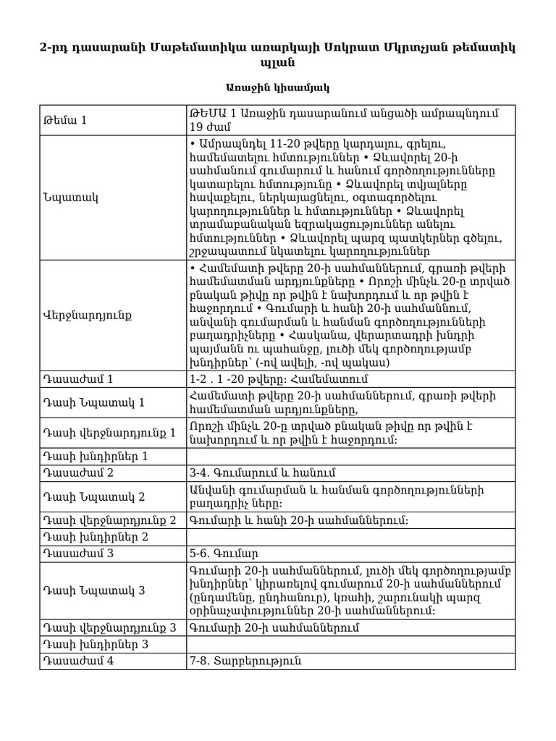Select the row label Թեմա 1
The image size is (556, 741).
click(x=65, y=120)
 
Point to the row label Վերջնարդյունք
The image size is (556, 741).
click(x=79, y=316)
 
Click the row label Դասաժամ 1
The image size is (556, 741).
click(x=78, y=378)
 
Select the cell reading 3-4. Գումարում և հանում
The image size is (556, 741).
click(x=262, y=473)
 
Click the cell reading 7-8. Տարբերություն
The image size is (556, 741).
click(x=245, y=661)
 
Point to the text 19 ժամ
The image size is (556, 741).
click(x=209, y=127)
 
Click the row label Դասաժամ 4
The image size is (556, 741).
click(x=79, y=661)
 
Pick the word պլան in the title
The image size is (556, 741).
click(x=277, y=63)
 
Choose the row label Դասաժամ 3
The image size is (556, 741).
click(x=79, y=555)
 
